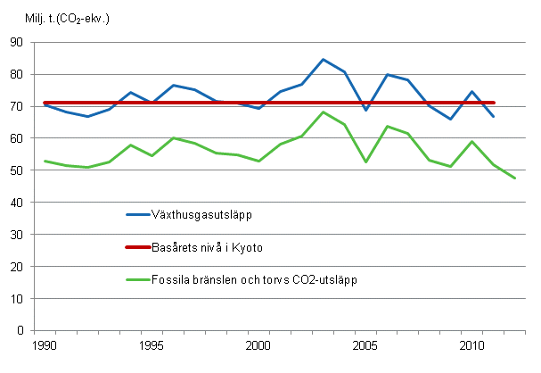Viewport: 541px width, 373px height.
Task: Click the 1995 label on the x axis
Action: click(151, 344)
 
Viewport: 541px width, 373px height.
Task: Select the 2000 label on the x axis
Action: click(258, 344)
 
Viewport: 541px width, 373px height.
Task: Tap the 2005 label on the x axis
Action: click(365, 344)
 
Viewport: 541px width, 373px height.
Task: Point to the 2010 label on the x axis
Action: click(472, 344)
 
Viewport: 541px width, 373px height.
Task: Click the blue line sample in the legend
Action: click(139, 213)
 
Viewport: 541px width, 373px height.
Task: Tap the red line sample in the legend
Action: click(139, 246)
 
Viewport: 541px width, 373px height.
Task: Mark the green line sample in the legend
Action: click(139, 279)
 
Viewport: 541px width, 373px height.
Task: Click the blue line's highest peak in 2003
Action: click(323, 59)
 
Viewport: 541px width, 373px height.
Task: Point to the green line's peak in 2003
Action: click(323, 112)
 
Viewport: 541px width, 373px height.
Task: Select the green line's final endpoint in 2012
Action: click(515, 178)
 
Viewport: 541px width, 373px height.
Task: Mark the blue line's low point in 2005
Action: click(365, 110)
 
